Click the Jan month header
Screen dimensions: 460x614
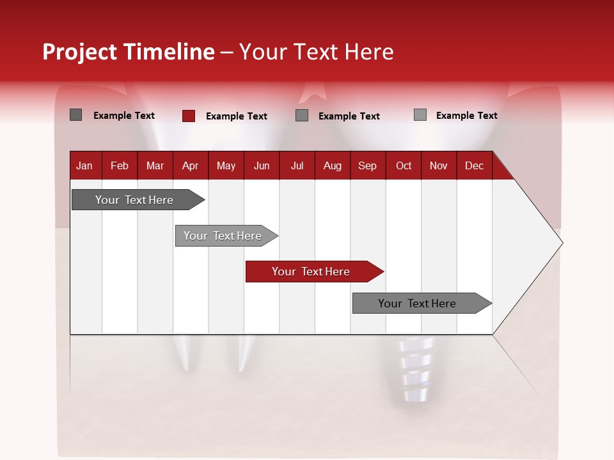(85, 165)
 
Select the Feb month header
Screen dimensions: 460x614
(120, 165)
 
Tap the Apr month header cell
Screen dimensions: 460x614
(191, 165)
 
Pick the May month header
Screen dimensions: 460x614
(226, 165)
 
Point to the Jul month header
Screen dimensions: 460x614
(297, 165)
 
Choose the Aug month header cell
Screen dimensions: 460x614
(333, 165)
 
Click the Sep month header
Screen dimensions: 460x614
(368, 165)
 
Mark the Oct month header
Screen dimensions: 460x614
(404, 165)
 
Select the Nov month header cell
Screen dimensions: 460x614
(439, 165)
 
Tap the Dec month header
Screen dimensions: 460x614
(475, 165)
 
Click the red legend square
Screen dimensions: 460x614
(189, 116)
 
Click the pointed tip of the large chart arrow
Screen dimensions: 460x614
(561, 243)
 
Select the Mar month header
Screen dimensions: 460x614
(155, 165)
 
